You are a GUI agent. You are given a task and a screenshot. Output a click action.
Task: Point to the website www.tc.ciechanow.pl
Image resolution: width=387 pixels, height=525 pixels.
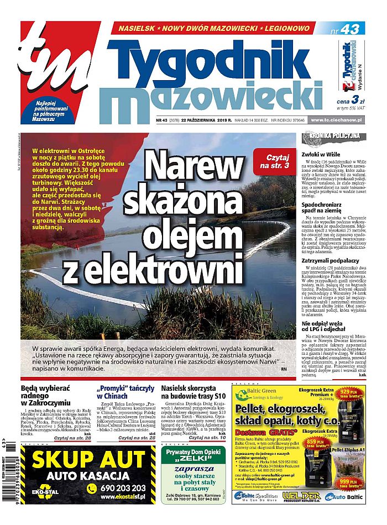pos(337,120)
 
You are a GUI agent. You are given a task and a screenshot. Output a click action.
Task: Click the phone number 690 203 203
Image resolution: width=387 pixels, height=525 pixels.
pos(122,488)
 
